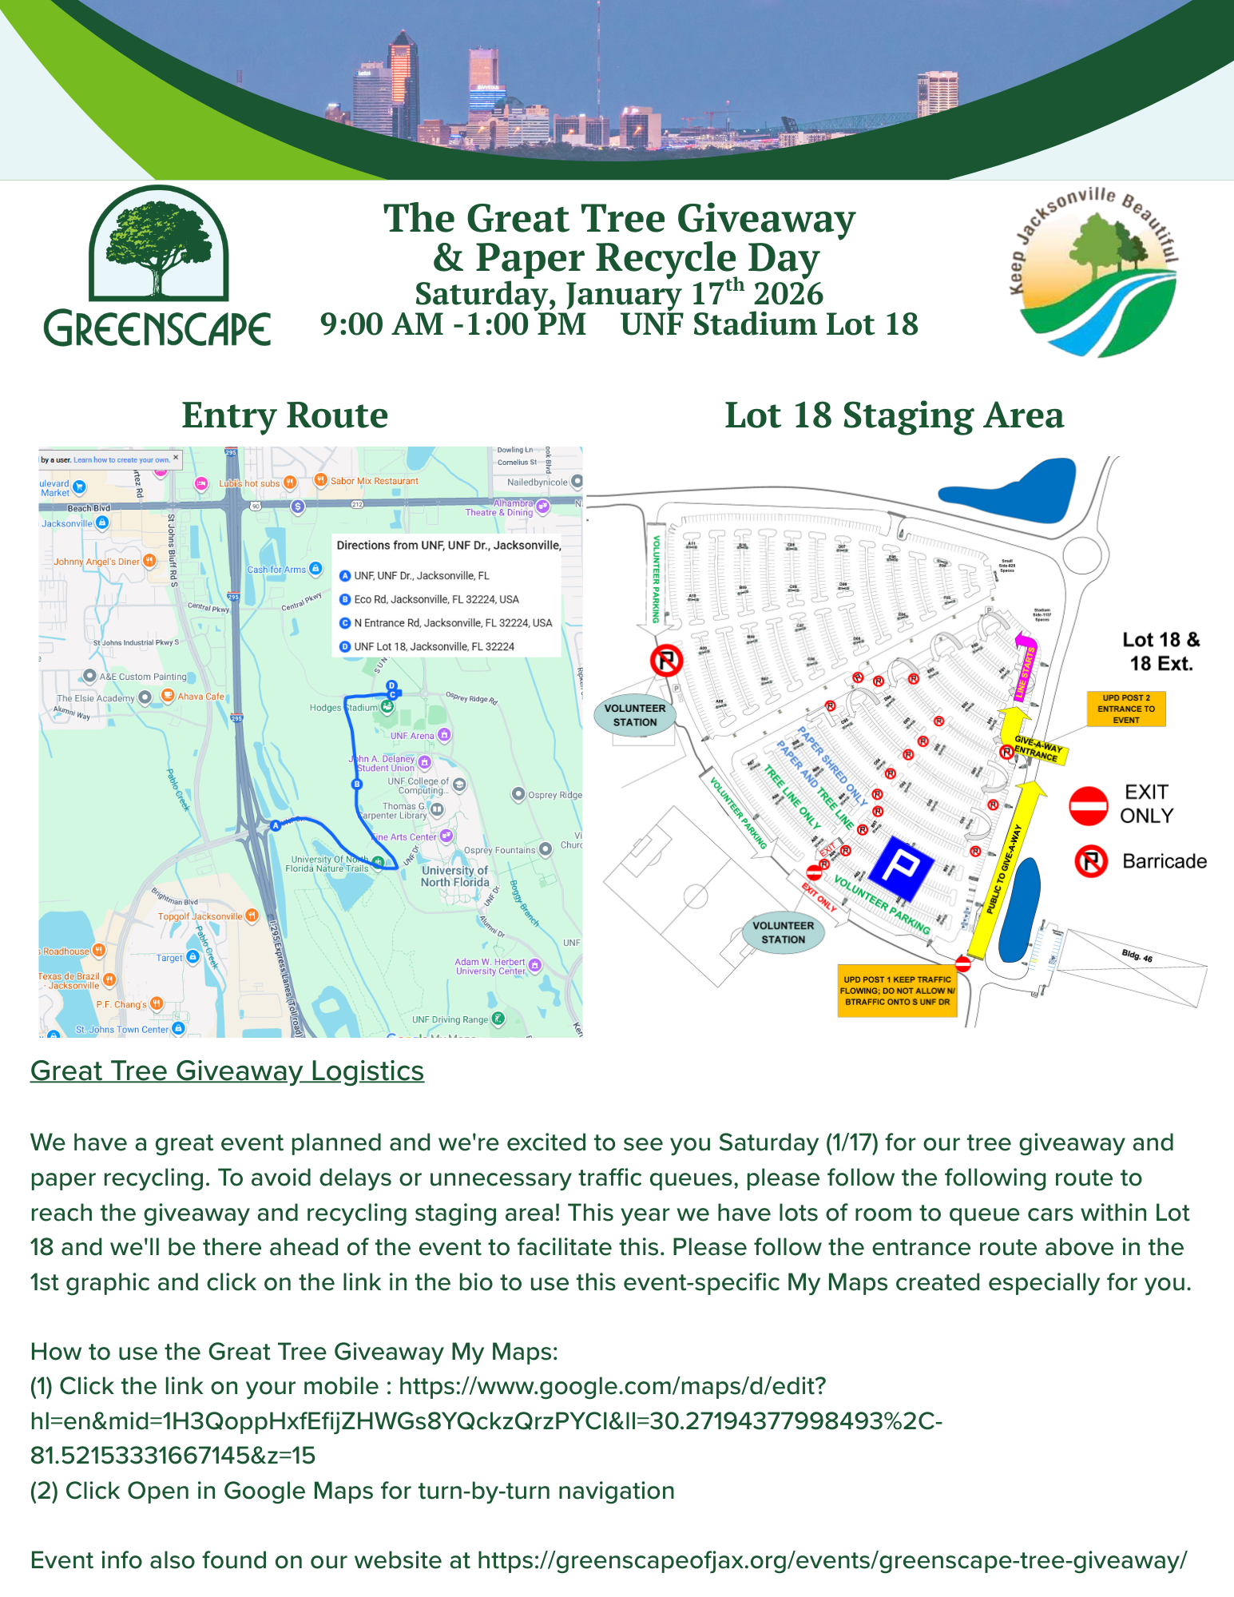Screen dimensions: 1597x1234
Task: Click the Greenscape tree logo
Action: (158, 267)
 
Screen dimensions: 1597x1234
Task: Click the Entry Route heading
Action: (284, 415)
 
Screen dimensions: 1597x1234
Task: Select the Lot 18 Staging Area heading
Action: (894, 415)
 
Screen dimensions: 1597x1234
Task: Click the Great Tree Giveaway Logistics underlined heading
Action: (227, 1071)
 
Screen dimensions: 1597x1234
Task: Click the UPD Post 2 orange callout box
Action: (1125, 709)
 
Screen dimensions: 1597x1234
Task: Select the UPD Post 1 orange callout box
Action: (897, 991)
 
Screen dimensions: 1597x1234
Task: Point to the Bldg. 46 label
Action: (1137, 955)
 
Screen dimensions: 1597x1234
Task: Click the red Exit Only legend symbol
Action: (1088, 805)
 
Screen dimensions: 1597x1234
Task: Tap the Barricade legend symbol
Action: (1091, 861)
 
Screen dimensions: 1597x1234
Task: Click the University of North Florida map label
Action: (454, 876)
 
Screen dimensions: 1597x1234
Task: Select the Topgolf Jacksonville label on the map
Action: (200, 916)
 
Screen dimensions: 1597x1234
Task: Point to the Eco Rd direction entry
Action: (436, 599)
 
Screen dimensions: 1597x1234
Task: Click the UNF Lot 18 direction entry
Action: (434, 646)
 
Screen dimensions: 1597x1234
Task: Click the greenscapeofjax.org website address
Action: (831, 1560)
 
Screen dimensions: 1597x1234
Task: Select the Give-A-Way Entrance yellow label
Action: (1036, 750)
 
